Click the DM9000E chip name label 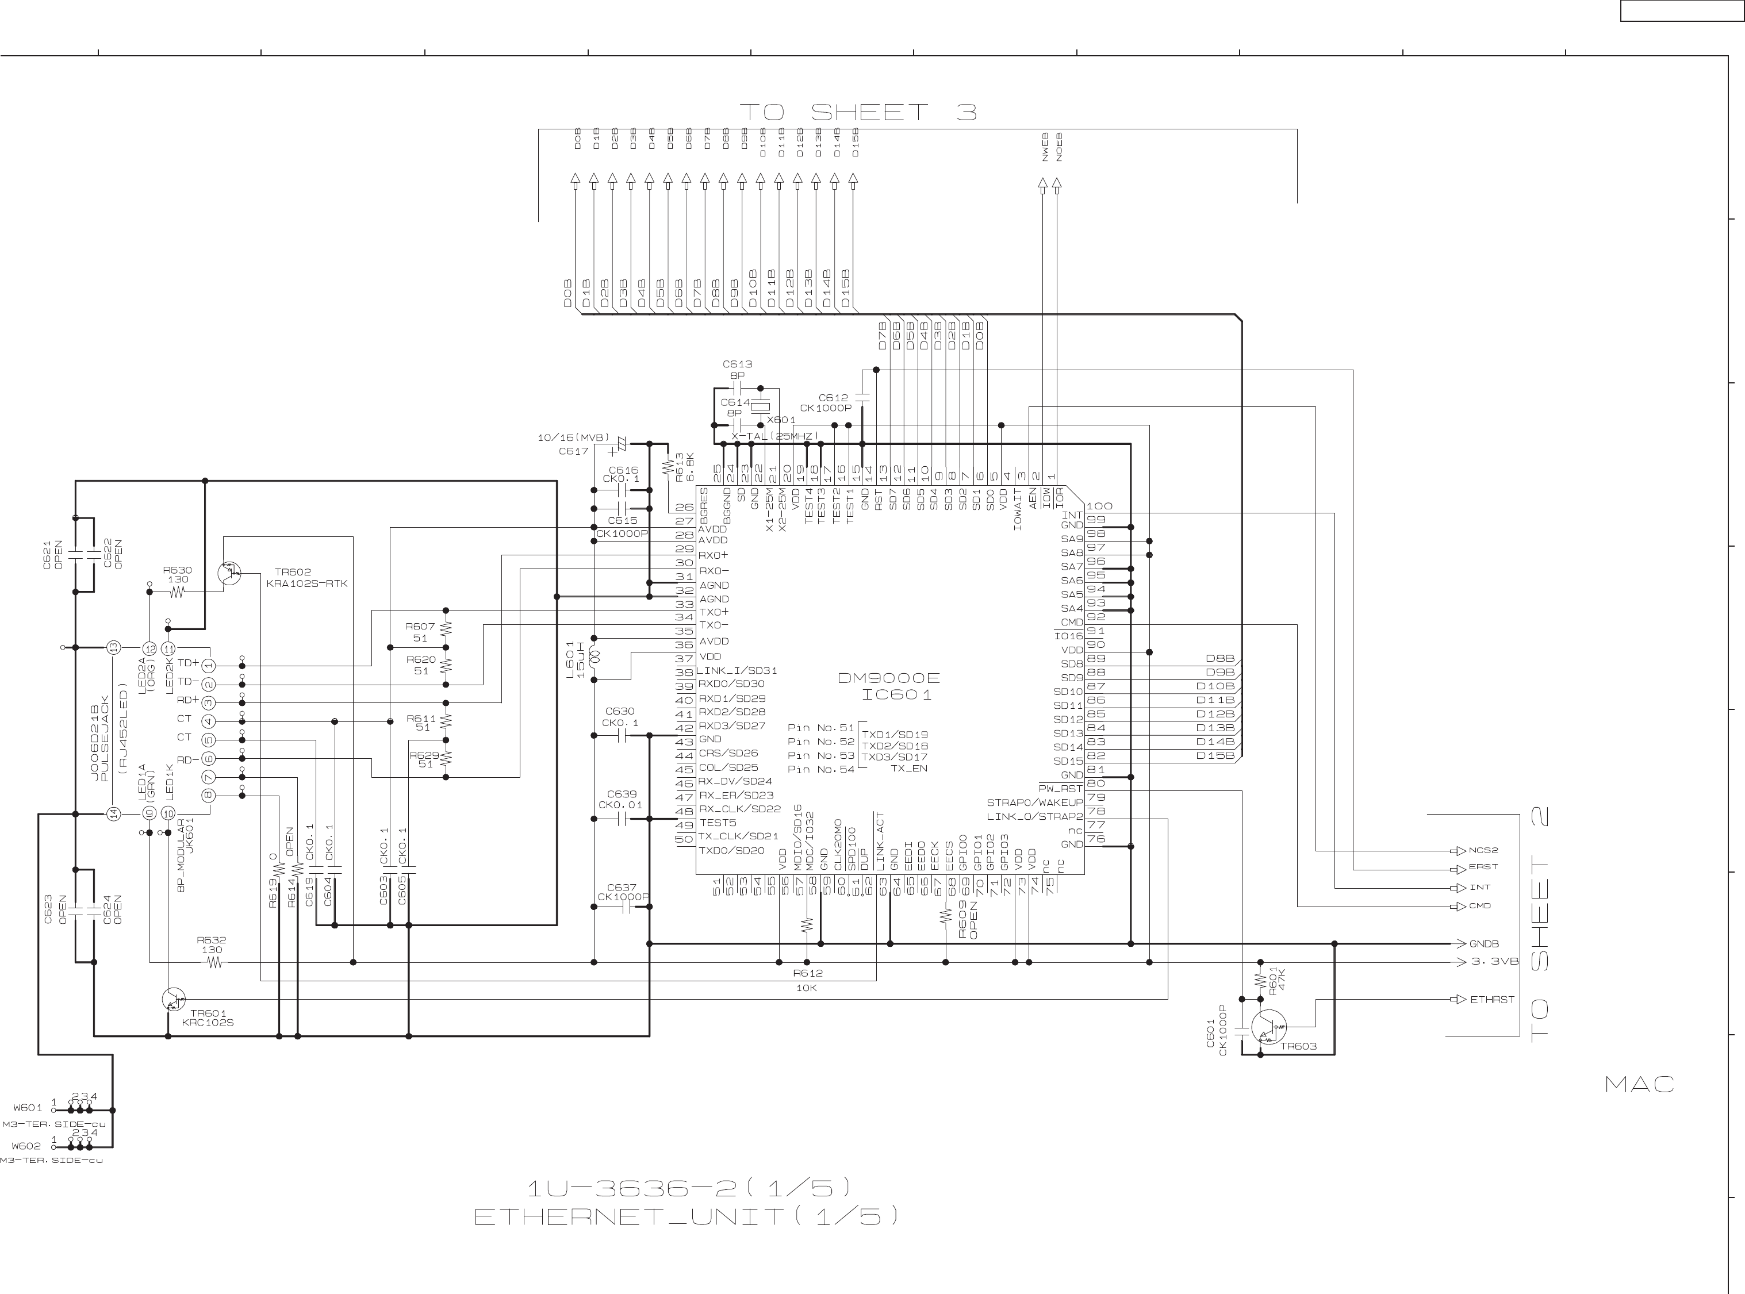[888, 678]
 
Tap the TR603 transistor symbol [1267, 1027]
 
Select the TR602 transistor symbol [229, 573]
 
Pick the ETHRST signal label [1492, 1000]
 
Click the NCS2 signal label [1483, 850]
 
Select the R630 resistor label [178, 570]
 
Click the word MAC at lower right [1639, 1085]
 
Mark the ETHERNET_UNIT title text [685, 1216]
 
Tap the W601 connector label [28, 1108]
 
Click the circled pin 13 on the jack [114, 648]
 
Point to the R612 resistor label [807, 973]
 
